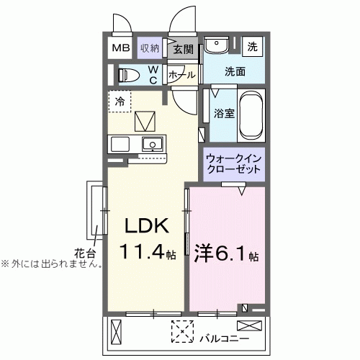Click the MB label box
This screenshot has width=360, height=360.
(120, 48)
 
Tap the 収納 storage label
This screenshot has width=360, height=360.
(150, 48)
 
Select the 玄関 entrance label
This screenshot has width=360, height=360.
(183, 49)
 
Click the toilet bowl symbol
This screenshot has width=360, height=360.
(130, 74)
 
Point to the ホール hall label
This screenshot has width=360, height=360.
(181, 74)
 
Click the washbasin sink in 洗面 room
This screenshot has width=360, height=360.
(215, 46)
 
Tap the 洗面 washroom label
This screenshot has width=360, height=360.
(234, 72)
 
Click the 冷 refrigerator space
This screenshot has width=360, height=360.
(120, 102)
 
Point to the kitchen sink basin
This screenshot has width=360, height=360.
(152, 143)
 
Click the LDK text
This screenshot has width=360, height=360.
(148, 226)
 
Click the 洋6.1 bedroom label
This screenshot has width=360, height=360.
(226, 253)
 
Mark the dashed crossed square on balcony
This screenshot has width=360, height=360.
(181, 332)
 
